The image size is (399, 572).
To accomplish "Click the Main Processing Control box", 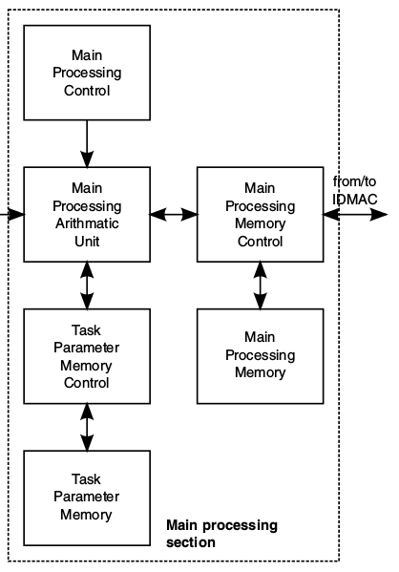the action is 87,73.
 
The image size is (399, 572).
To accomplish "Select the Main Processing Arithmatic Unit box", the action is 87,215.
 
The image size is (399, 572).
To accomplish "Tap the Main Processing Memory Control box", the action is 260,215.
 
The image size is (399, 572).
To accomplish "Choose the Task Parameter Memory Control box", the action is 87,356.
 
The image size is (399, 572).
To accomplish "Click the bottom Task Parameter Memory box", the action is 87,498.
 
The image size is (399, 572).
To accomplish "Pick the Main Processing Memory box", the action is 260,356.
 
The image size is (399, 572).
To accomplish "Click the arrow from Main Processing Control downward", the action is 87,144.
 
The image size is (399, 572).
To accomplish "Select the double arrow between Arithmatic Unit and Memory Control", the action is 174,215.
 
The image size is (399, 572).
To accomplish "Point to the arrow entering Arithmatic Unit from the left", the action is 12,215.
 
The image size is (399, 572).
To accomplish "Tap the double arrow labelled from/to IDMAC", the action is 355,215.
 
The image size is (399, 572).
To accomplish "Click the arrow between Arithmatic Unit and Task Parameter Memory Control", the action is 87,286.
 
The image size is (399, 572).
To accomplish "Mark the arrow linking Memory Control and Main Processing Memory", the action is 260,286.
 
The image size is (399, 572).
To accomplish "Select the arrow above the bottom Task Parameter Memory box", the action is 87,428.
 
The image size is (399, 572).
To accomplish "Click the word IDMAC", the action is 354,200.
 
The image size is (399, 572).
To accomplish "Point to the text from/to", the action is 354,181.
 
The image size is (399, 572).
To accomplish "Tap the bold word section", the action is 191,542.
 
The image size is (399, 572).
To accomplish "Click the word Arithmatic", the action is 87,223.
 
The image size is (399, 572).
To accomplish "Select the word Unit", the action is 87,242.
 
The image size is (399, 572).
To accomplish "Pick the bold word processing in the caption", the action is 240,526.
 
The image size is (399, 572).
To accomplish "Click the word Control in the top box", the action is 87,91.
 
